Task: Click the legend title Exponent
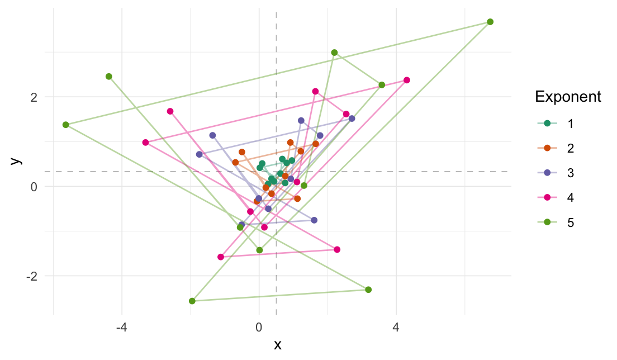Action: [x=568, y=97]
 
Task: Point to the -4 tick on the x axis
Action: [x=122, y=325]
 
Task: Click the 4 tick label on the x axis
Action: [x=396, y=325]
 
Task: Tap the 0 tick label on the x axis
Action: [x=259, y=325]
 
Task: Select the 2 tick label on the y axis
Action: [x=33, y=97]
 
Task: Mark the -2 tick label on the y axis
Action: [x=31, y=276]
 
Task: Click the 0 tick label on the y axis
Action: [x=33, y=186]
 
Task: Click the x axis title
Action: [x=277, y=344]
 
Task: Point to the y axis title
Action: [x=17, y=160]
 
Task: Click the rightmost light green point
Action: [x=490, y=22]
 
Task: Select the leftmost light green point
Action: [x=66, y=125]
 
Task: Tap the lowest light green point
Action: [x=192, y=301]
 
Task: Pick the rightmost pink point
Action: [x=407, y=80]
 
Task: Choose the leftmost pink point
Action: [x=145, y=143]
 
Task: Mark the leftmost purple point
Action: [x=199, y=154]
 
